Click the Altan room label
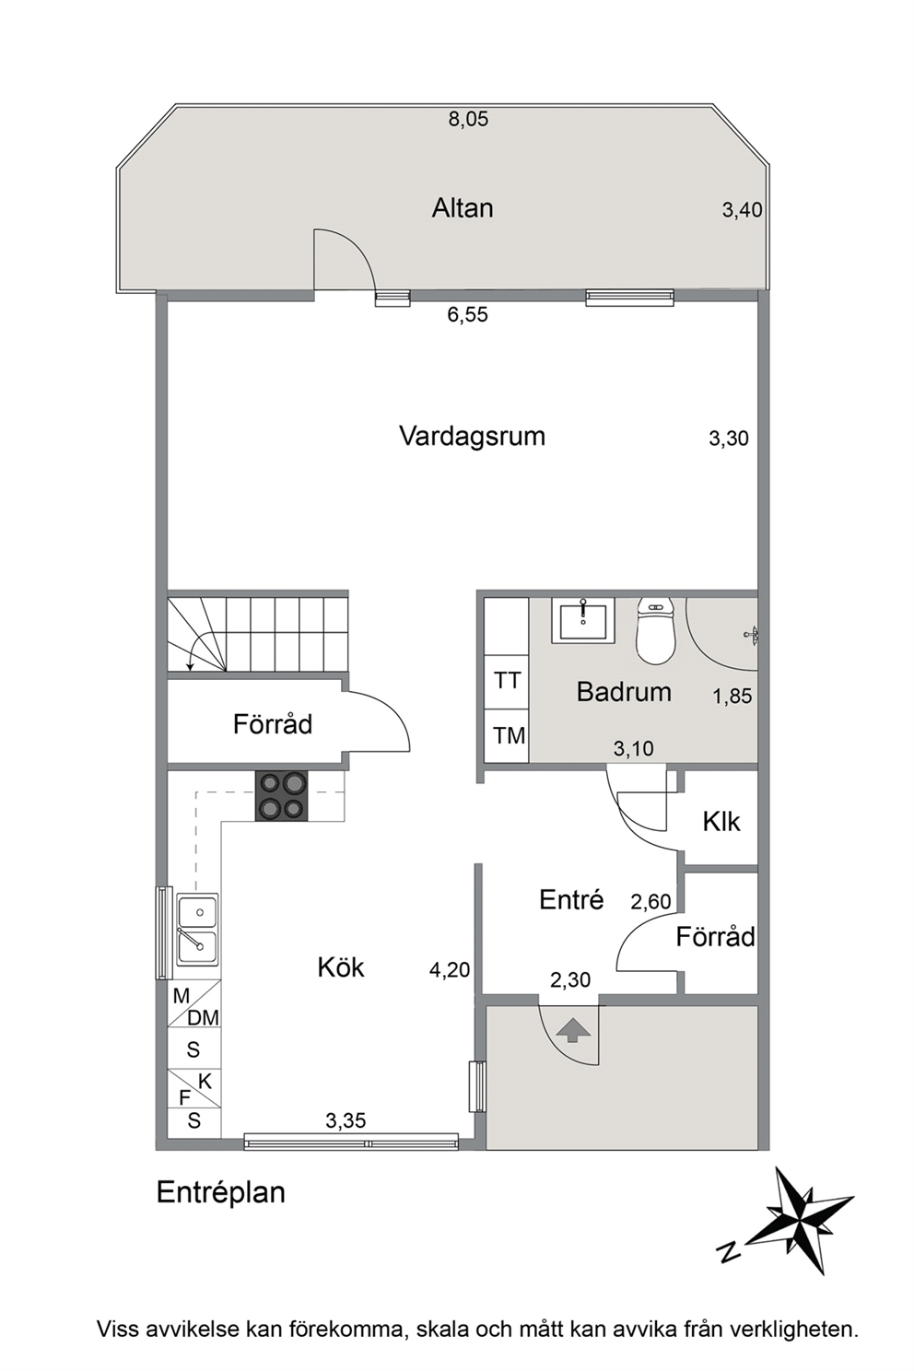463,208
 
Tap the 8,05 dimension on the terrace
468,119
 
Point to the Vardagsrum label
472,437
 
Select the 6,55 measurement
468,314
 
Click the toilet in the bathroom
655,631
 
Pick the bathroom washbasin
583,621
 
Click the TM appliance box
507,736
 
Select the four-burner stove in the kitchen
282,796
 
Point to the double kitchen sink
197,930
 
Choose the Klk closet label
721,822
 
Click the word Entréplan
221,1193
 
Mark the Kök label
341,967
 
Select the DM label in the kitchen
203,1018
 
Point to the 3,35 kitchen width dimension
346,1120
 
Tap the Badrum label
624,692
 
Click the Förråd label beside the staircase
273,723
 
